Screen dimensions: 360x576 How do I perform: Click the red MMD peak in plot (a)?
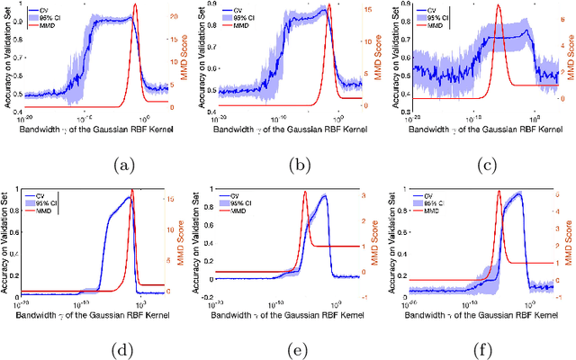[x=135, y=5]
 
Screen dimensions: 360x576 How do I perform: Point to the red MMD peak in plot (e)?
[x=305, y=192]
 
